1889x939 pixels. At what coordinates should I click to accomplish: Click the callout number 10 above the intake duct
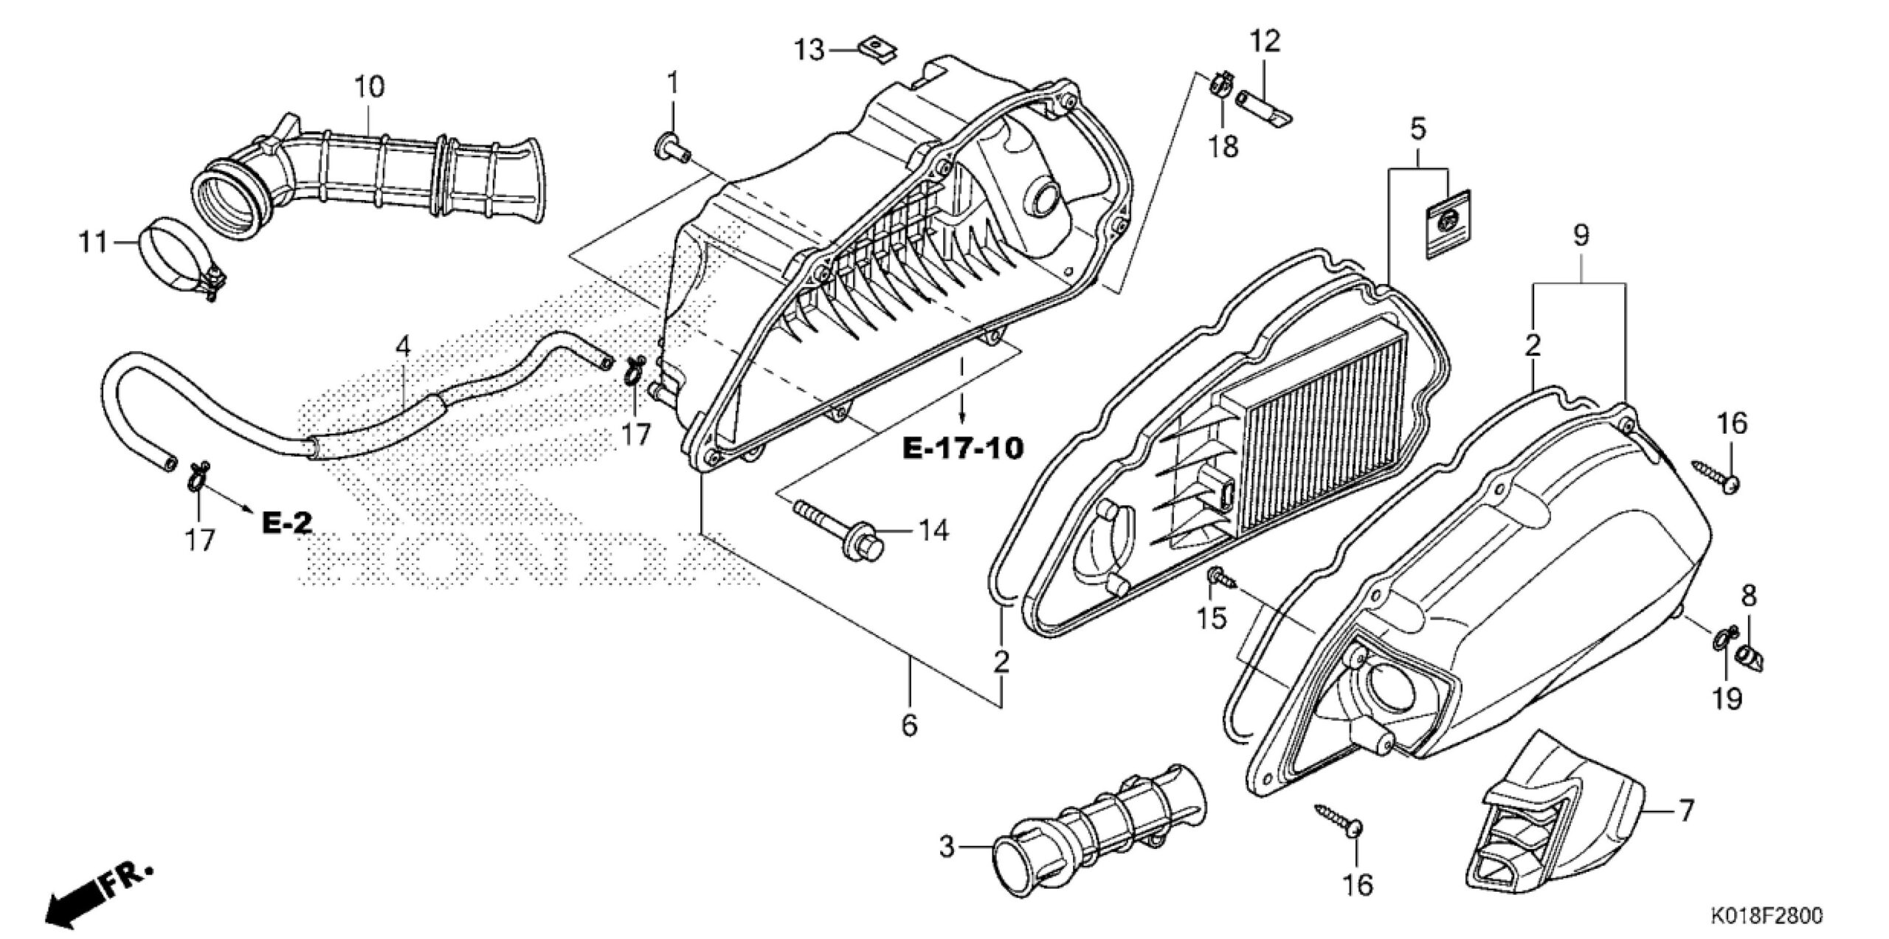[369, 88]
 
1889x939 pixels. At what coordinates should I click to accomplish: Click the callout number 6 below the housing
[909, 726]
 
